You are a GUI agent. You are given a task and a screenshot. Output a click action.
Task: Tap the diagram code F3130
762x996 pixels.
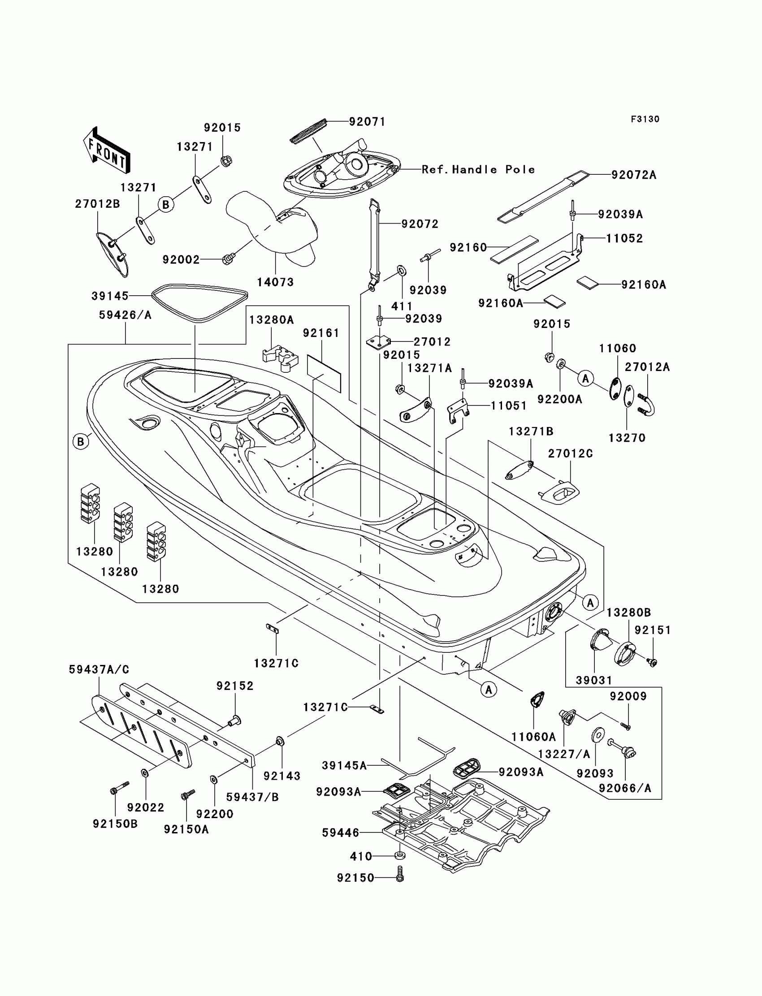coord(645,119)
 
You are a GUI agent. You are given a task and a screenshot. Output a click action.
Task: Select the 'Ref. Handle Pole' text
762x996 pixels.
coord(478,169)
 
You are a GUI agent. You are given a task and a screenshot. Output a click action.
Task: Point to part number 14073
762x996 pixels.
coord(275,282)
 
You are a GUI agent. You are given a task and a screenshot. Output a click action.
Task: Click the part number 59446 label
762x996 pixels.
coord(341,833)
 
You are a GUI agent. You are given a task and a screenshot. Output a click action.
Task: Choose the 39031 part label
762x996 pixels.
coord(594,680)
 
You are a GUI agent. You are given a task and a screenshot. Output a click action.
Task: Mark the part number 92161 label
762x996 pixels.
coord(321,333)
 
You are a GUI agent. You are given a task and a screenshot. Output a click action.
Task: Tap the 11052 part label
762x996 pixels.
coord(624,238)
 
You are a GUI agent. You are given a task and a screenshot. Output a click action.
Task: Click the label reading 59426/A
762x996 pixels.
coord(125,315)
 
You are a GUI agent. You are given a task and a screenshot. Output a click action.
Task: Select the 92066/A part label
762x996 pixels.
coord(624,788)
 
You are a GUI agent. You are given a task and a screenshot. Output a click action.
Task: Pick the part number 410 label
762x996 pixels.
coord(361,856)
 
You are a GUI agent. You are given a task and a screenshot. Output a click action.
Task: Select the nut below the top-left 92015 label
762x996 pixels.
coord(225,160)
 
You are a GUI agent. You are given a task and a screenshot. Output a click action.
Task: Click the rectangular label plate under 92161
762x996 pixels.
coord(323,373)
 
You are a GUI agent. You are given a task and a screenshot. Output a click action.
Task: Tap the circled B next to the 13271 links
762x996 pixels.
coord(166,205)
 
